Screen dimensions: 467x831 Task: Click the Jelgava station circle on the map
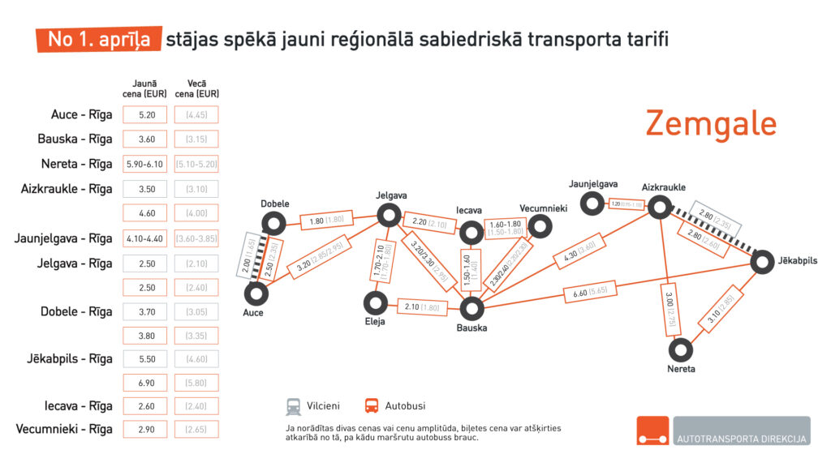[x=390, y=215]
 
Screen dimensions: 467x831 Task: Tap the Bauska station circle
[x=471, y=308]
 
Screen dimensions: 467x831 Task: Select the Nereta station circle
[x=680, y=350]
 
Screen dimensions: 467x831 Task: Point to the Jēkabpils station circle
[x=762, y=261]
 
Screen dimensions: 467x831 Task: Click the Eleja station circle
[x=374, y=302]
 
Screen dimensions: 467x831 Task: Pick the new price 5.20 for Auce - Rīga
[x=145, y=115]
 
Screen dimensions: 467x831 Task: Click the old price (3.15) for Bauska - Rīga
[x=196, y=139]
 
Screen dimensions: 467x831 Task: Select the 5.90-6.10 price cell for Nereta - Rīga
[x=145, y=164]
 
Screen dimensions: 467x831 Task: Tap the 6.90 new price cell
[x=145, y=382]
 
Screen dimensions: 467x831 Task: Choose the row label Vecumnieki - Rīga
[x=64, y=429]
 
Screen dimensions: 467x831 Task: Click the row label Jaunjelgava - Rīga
[x=63, y=238]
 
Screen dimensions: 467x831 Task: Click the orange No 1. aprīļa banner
[x=98, y=39]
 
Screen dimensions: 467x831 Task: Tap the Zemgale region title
[x=711, y=124]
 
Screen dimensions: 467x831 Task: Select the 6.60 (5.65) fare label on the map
[x=592, y=290]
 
